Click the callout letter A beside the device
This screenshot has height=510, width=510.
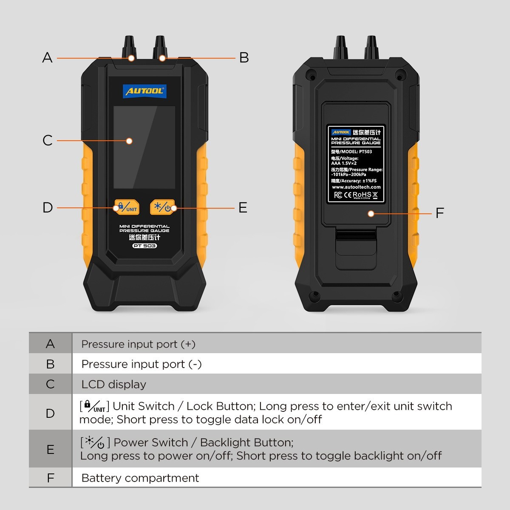[47, 57]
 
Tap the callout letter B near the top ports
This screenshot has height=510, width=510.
[244, 57]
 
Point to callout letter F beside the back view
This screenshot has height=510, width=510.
[440, 212]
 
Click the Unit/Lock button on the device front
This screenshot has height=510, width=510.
[127, 207]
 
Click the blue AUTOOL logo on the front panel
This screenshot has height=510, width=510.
[144, 91]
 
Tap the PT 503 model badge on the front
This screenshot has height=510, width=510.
[144, 246]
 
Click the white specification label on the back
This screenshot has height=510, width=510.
[356, 164]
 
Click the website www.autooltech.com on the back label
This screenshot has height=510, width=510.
[356, 187]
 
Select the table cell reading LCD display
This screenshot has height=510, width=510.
[113, 384]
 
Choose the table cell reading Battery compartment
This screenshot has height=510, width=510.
[140, 478]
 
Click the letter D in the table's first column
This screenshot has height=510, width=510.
[50, 413]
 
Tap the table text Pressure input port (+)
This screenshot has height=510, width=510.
[138, 344]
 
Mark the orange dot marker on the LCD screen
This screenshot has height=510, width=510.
[129, 141]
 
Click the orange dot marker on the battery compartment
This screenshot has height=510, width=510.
[371, 213]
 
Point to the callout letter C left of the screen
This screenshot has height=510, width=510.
[48, 140]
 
